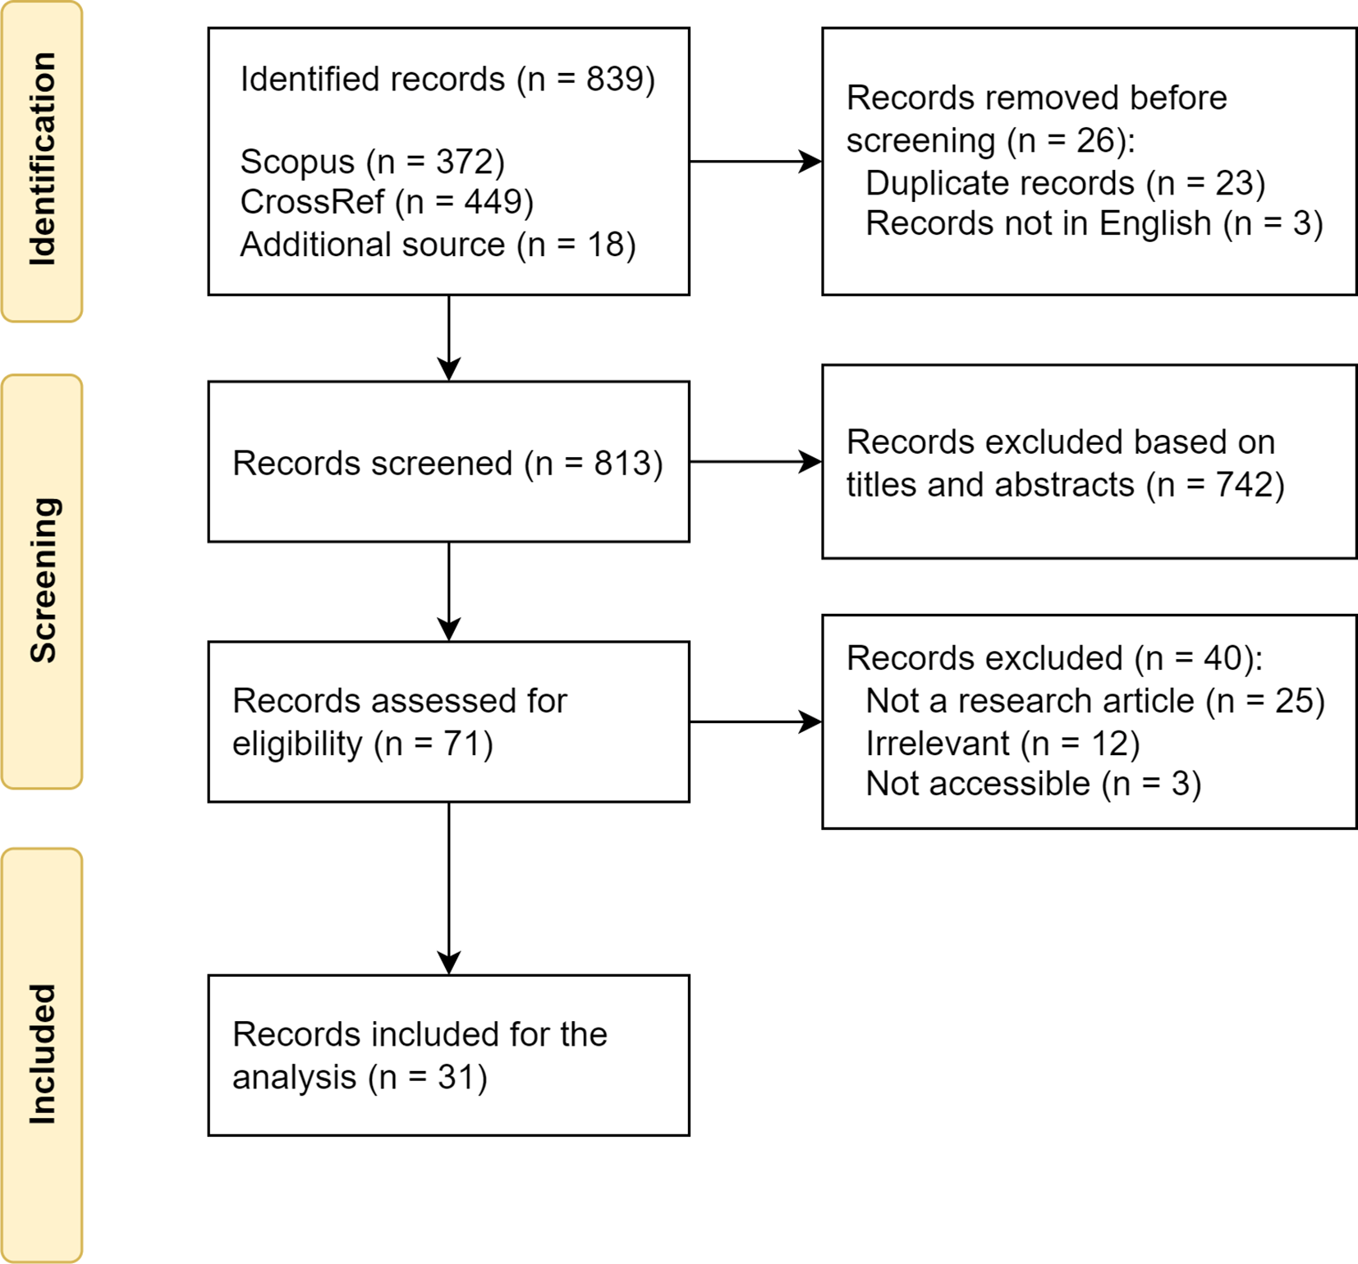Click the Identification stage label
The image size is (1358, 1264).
42,159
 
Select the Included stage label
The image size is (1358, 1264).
42,1054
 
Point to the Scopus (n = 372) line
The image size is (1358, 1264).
372,163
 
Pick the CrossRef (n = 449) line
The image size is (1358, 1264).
387,203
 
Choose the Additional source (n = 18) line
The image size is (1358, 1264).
438,245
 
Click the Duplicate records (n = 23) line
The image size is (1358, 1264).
1065,184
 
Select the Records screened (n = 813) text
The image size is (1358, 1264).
447,464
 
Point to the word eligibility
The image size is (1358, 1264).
297,744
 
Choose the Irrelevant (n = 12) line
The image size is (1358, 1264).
1002,744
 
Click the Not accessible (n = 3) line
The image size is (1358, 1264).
1033,784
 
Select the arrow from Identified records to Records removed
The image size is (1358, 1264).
755,162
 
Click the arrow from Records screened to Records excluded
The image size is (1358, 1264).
755,462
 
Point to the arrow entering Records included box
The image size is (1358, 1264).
449,888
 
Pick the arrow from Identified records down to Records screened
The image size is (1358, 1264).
449,338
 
